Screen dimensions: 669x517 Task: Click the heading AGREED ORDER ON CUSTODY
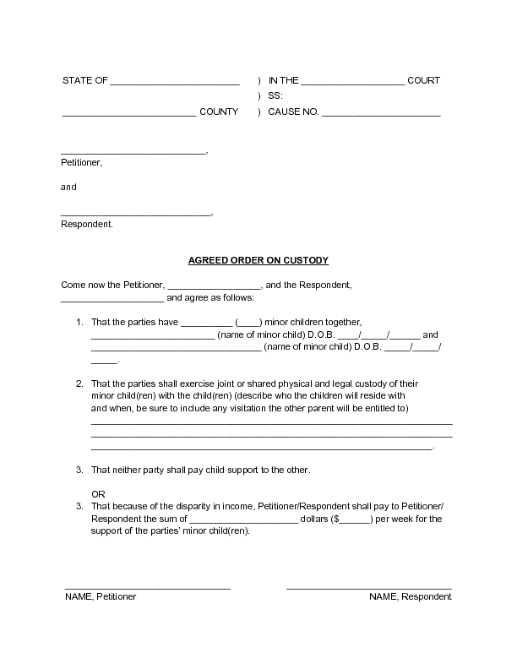tap(258, 260)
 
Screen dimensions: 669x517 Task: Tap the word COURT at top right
tap(423, 81)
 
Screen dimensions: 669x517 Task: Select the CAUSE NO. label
tap(293, 111)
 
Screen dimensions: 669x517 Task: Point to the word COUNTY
tap(219, 111)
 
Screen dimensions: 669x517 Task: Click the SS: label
tap(275, 96)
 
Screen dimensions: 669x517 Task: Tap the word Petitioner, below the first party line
tap(81, 161)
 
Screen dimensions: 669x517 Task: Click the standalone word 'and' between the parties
tap(68, 187)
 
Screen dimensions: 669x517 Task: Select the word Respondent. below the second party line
tap(86, 224)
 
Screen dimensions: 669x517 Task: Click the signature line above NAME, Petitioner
tap(148, 587)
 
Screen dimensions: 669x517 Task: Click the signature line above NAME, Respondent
tap(368, 587)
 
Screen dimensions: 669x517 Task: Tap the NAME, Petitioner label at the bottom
tap(101, 596)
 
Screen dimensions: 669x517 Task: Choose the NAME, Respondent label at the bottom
tap(410, 596)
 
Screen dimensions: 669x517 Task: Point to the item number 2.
tap(79, 383)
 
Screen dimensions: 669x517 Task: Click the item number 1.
tap(79, 322)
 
